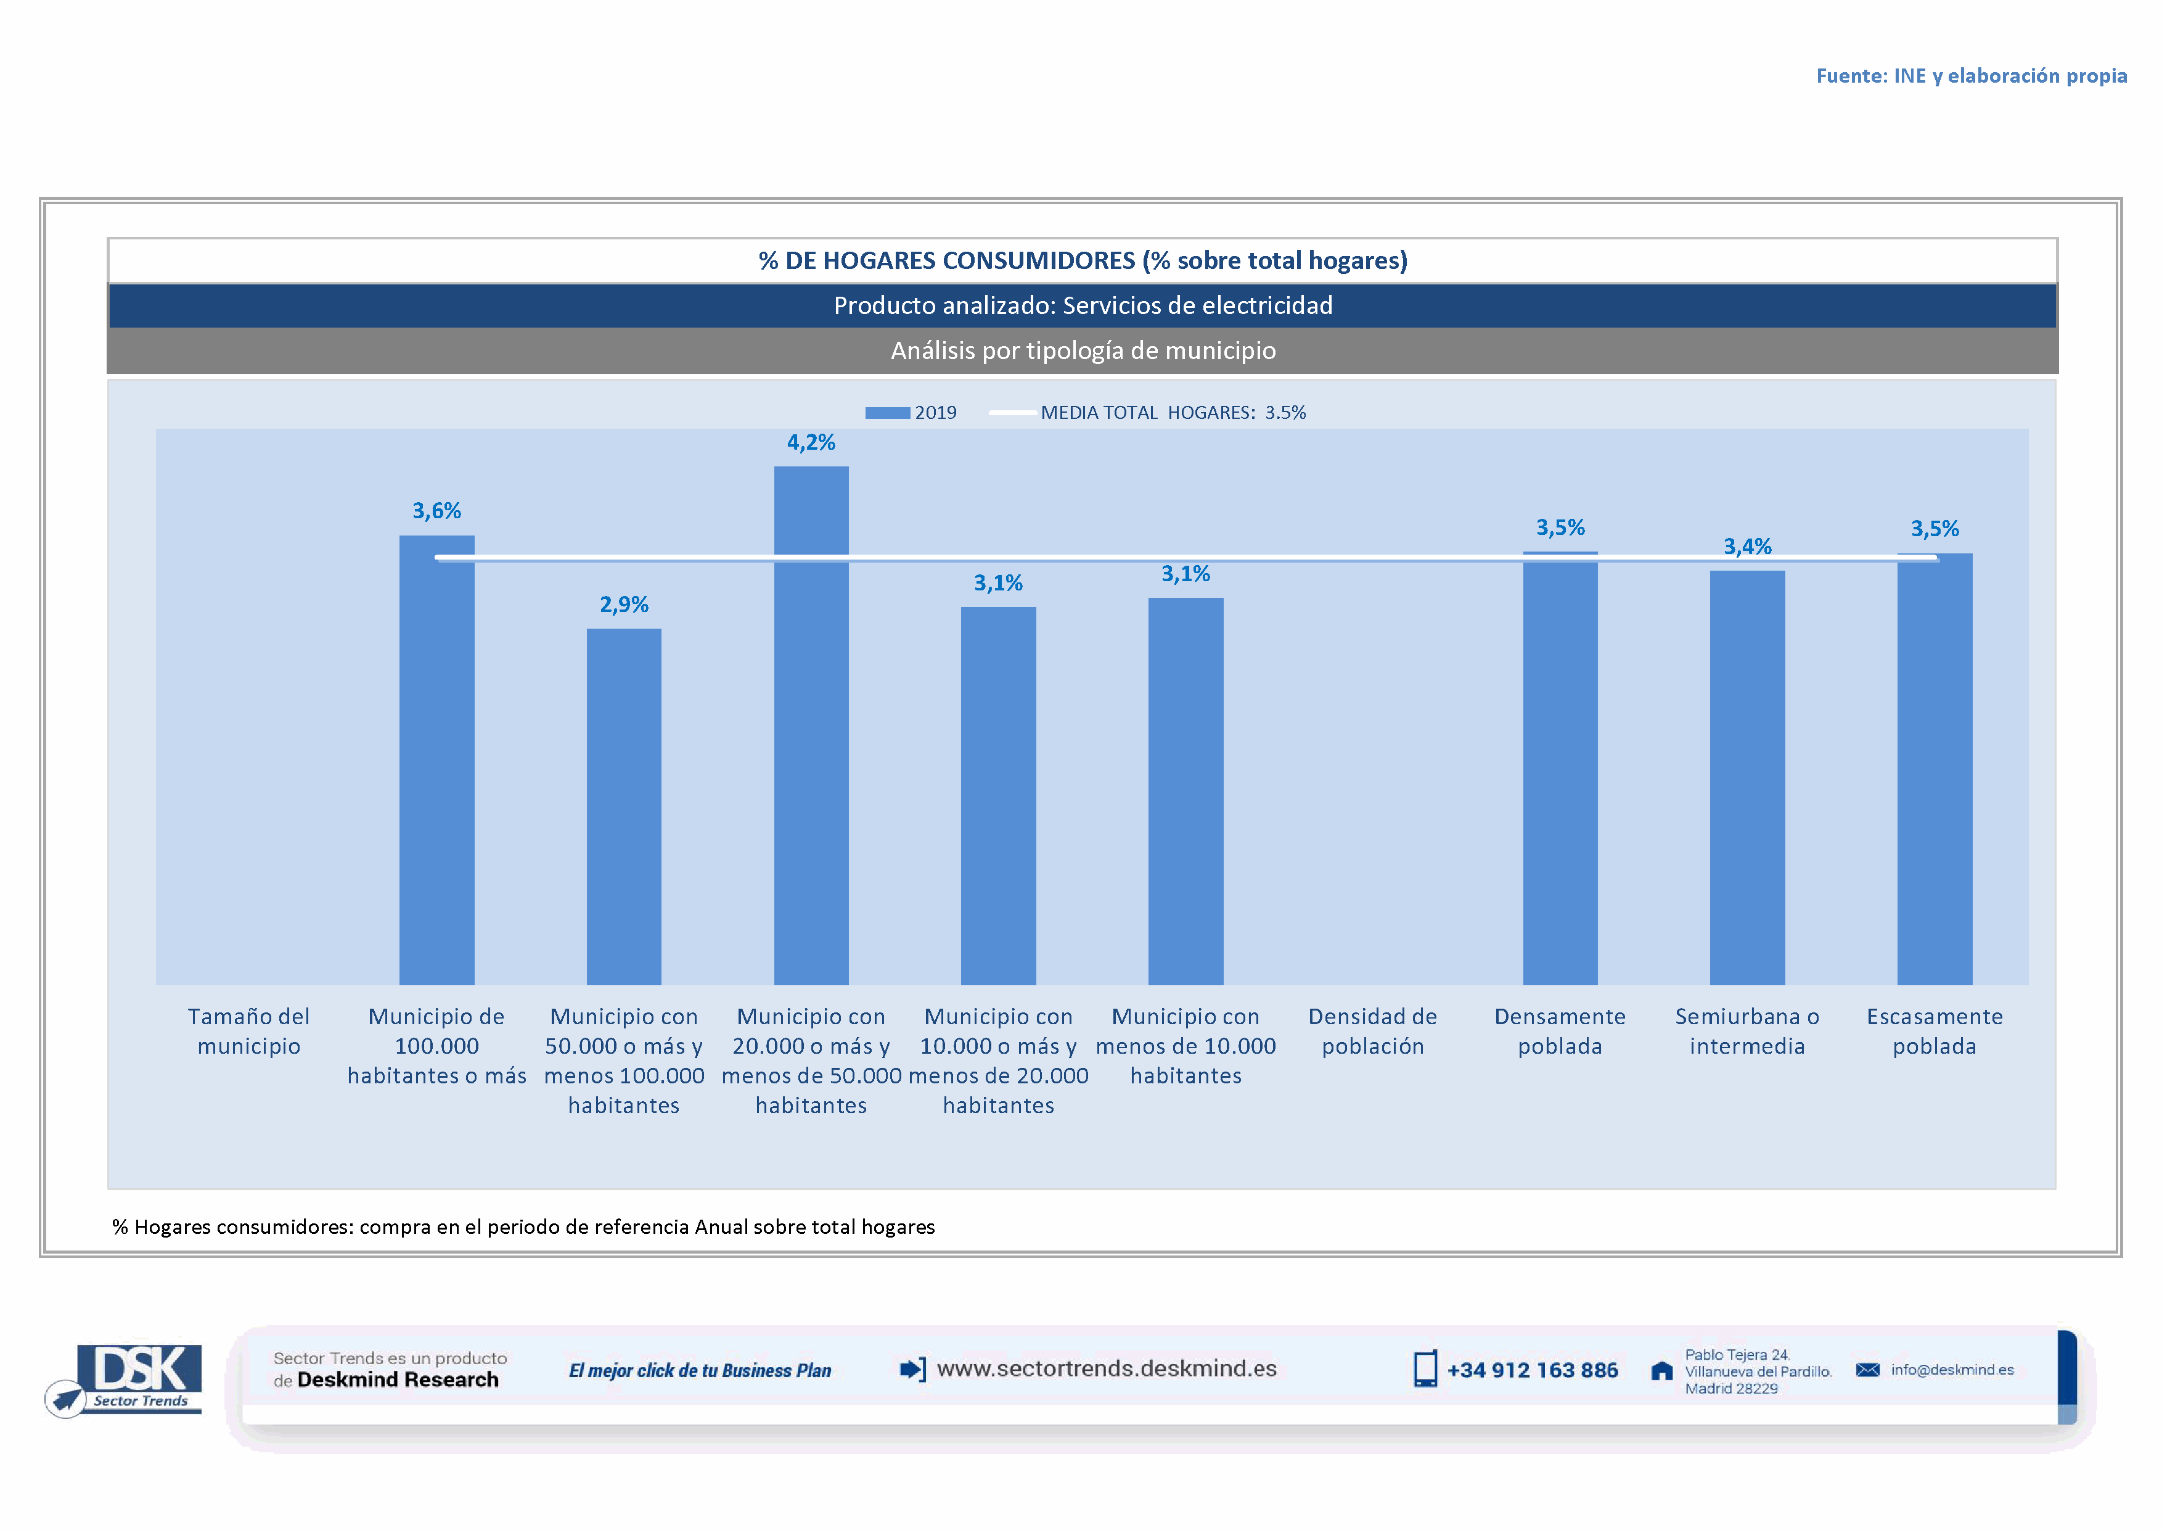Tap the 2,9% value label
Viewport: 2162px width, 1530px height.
(623, 605)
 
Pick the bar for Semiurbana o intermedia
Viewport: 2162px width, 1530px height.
(1746, 777)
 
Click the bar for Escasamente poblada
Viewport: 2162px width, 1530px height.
(1934, 769)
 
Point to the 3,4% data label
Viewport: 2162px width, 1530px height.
(1746, 547)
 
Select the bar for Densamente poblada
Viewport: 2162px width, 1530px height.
(1559, 768)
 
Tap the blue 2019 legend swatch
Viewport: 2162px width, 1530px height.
(887, 413)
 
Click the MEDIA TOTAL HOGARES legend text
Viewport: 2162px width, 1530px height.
(1173, 413)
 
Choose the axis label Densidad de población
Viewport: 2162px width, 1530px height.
(1372, 1031)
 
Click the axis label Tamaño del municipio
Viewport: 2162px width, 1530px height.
(248, 1031)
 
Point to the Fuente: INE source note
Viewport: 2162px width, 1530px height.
(1971, 75)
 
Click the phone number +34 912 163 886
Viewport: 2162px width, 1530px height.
(1532, 1370)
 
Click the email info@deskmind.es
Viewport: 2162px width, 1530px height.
(1951, 1370)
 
